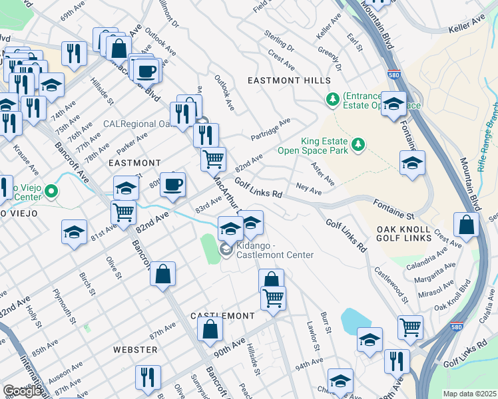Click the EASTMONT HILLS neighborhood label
click(x=288, y=80)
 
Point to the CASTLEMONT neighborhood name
click(x=222, y=315)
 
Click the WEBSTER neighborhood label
click(x=135, y=349)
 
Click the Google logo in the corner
click(x=22, y=390)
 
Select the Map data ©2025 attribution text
click(x=470, y=394)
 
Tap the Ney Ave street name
click(x=309, y=190)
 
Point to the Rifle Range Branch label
click(x=489, y=126)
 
